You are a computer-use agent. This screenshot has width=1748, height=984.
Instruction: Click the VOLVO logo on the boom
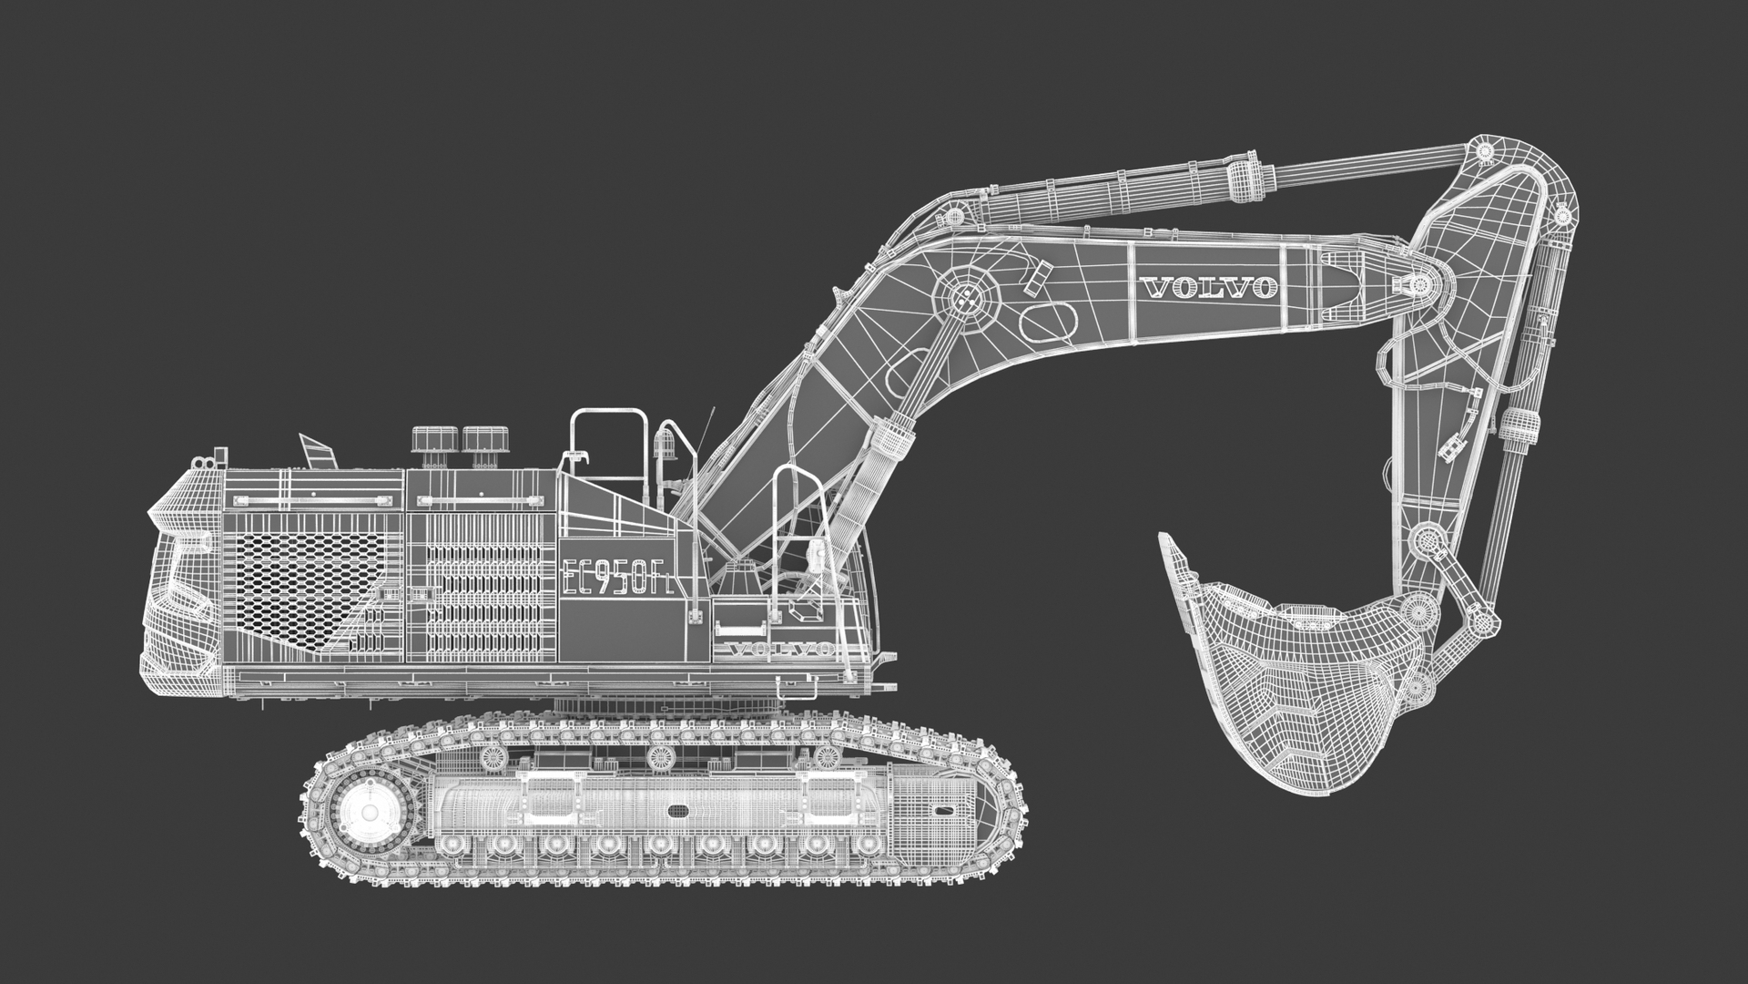[1208, 288]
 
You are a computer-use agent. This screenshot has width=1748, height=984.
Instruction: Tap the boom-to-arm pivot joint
[1418, 285]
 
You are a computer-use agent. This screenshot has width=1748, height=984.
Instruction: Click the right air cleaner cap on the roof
[483, 439]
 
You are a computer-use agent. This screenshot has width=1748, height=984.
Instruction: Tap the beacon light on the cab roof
[665, 444]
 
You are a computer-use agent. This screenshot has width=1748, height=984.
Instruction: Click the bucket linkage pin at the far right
[1487, 623]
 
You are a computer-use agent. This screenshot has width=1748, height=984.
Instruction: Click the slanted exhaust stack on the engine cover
[316, 451]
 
